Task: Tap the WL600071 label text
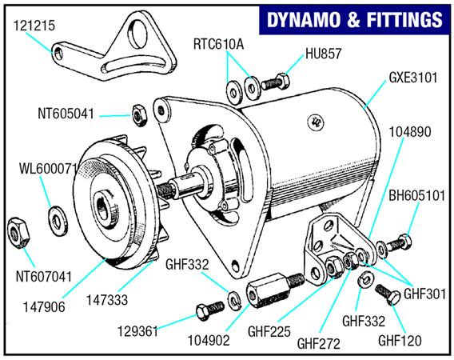[49, 170]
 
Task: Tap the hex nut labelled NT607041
[18, 232]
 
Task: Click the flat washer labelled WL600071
[58, 216]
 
